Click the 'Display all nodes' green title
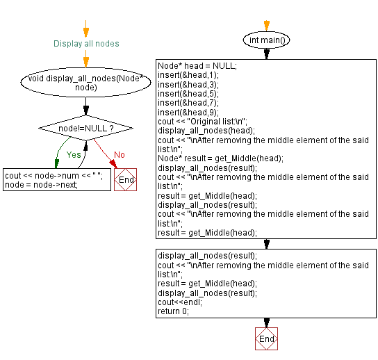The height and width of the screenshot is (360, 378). point(86,44)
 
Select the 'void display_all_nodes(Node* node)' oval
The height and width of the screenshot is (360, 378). point(85,83)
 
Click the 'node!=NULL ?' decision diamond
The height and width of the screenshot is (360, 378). point(86,129)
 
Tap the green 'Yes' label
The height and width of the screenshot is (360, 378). point(74,155)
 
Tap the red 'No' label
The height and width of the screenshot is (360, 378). point(119,155)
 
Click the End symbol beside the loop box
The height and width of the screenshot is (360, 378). point(126,180)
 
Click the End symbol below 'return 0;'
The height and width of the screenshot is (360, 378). point(266,338)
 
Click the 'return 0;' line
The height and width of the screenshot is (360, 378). point(173,311)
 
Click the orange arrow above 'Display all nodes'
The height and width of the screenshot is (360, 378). point(86,29)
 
